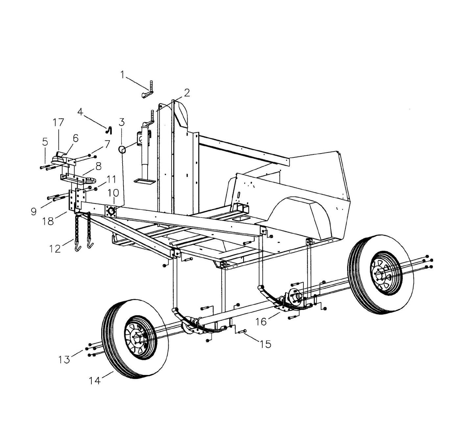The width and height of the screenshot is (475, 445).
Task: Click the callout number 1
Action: (122, 75)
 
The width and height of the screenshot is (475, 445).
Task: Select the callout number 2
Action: (187, 93)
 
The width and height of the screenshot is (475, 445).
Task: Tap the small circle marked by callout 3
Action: (122, 150)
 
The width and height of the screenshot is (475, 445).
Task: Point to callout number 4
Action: (80, 112)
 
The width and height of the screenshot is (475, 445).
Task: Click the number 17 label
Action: (58, 123)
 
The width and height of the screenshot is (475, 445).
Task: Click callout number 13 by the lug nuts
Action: (64, 360)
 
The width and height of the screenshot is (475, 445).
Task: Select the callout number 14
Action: (94, 381)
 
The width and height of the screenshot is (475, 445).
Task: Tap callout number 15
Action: (265, 344)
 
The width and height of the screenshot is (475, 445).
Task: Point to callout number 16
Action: (261, 321)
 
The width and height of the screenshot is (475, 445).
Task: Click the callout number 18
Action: (48, 221)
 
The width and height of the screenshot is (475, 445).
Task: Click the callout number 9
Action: (34, 211)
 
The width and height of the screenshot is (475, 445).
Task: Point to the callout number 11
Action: (111, 180)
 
